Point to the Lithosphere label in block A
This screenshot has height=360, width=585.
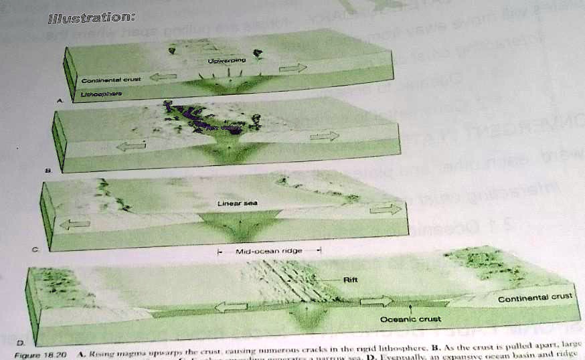tap(100, 95)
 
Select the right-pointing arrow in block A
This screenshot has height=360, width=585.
tap(292, 68)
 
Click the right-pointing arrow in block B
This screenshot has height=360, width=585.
tap(325, 137)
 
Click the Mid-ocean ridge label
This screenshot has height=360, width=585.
tap(270, 251)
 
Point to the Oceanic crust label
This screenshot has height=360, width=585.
tap(410, 319)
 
